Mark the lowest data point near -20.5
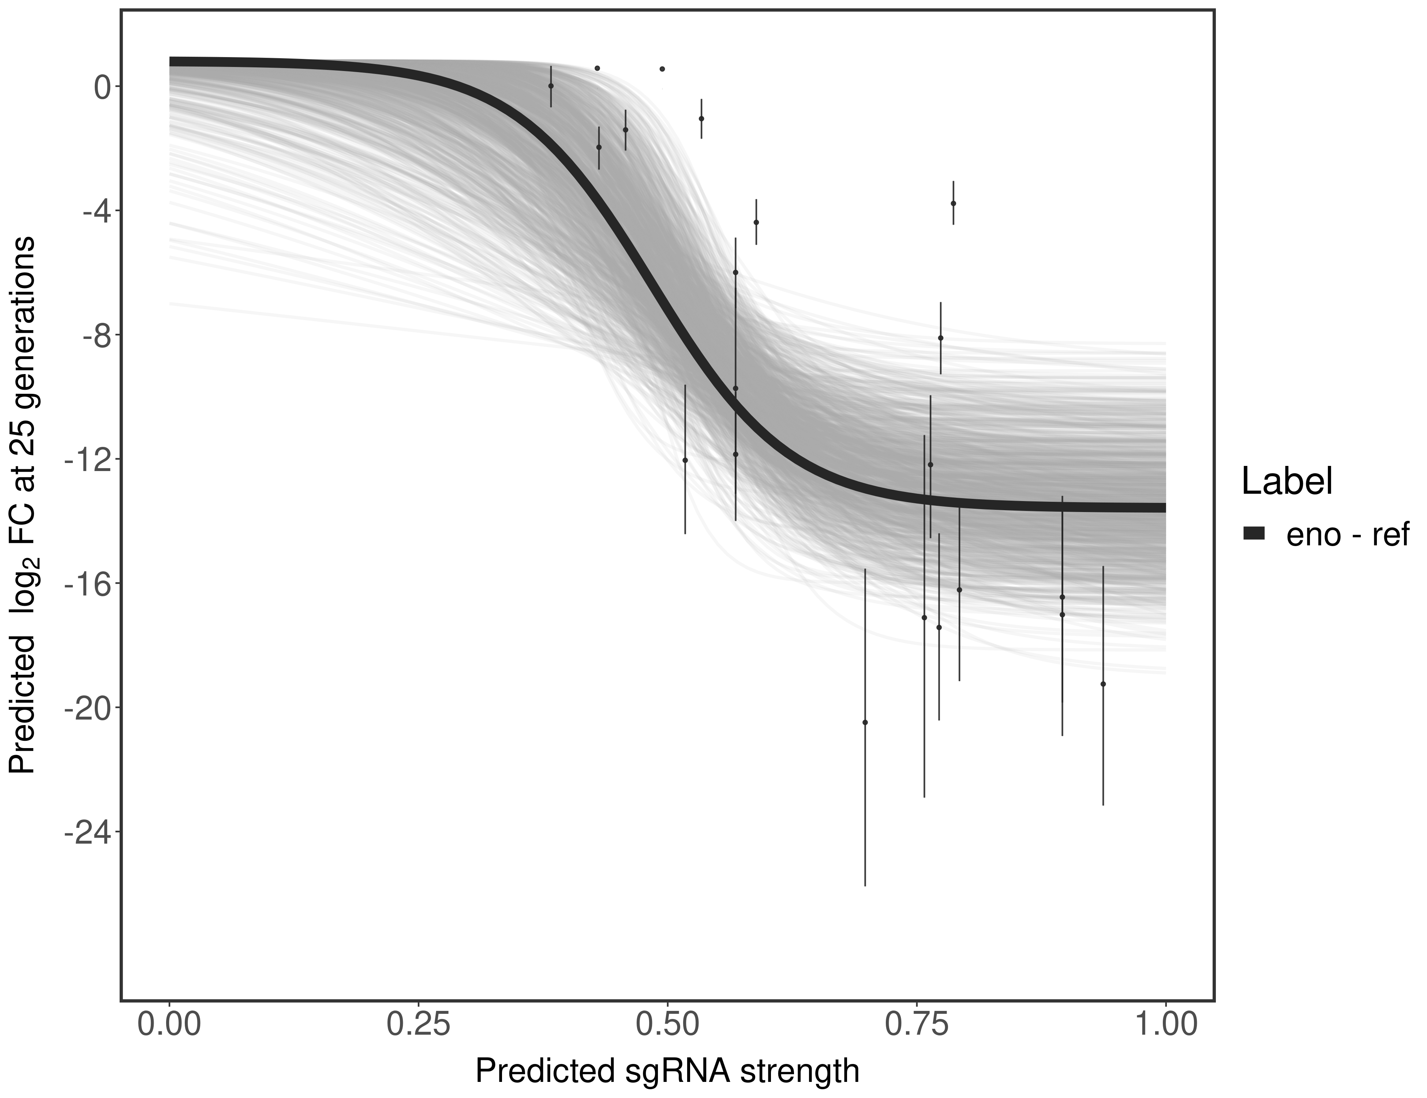click(865, 722)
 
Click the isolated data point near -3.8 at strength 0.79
click(953, 203)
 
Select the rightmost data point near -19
click(1103, 684)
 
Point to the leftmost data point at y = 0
click(551, 86)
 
